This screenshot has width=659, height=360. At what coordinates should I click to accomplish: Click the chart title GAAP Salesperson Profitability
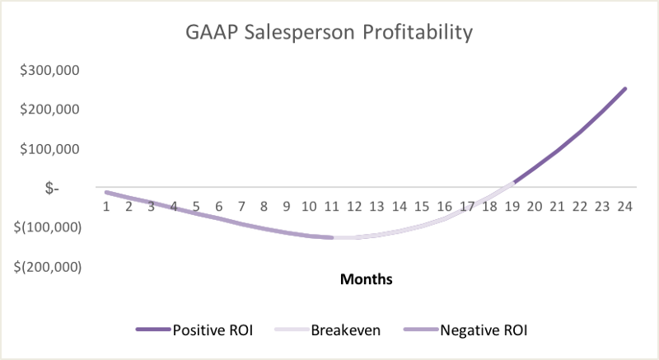pos(329,34)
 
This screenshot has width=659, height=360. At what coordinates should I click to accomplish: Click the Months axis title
pos(366,279)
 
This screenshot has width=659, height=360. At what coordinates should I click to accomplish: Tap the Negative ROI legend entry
pos(466,330)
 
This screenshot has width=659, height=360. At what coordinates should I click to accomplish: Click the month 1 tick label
pos(107,205)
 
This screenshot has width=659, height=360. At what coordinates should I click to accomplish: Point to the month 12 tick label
pos(354,205)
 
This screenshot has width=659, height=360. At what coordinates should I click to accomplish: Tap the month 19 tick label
pos(512,205)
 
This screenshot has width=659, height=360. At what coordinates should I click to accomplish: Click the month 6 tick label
pos(219,205)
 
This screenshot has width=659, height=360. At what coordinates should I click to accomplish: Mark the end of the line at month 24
pos(624,89)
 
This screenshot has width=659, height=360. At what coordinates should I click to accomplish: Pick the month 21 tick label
pos(557,205)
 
